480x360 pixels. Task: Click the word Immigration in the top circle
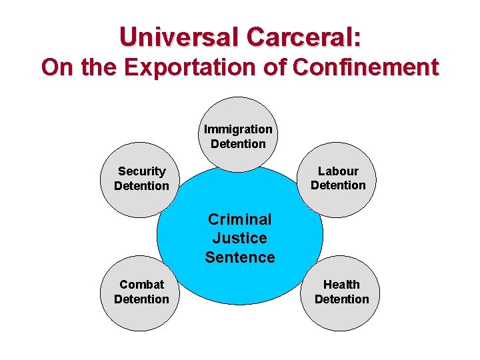point(238,129)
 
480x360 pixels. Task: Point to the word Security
point(141,171)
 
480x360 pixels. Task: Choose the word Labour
point(338,171)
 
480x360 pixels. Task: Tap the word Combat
point(141,285)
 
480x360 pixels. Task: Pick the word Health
point(341,285)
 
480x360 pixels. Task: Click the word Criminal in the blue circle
point(240,219)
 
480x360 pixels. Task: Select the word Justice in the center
point(240,238)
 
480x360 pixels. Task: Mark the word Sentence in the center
point(240,257)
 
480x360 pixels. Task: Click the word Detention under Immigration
point(238,143)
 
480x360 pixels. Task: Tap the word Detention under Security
point(141,186)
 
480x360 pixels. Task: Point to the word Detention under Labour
point(338,185)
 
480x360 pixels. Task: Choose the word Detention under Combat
point(141,299)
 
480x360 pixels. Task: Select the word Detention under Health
point(341,299)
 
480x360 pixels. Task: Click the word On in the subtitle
point(55,67)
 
